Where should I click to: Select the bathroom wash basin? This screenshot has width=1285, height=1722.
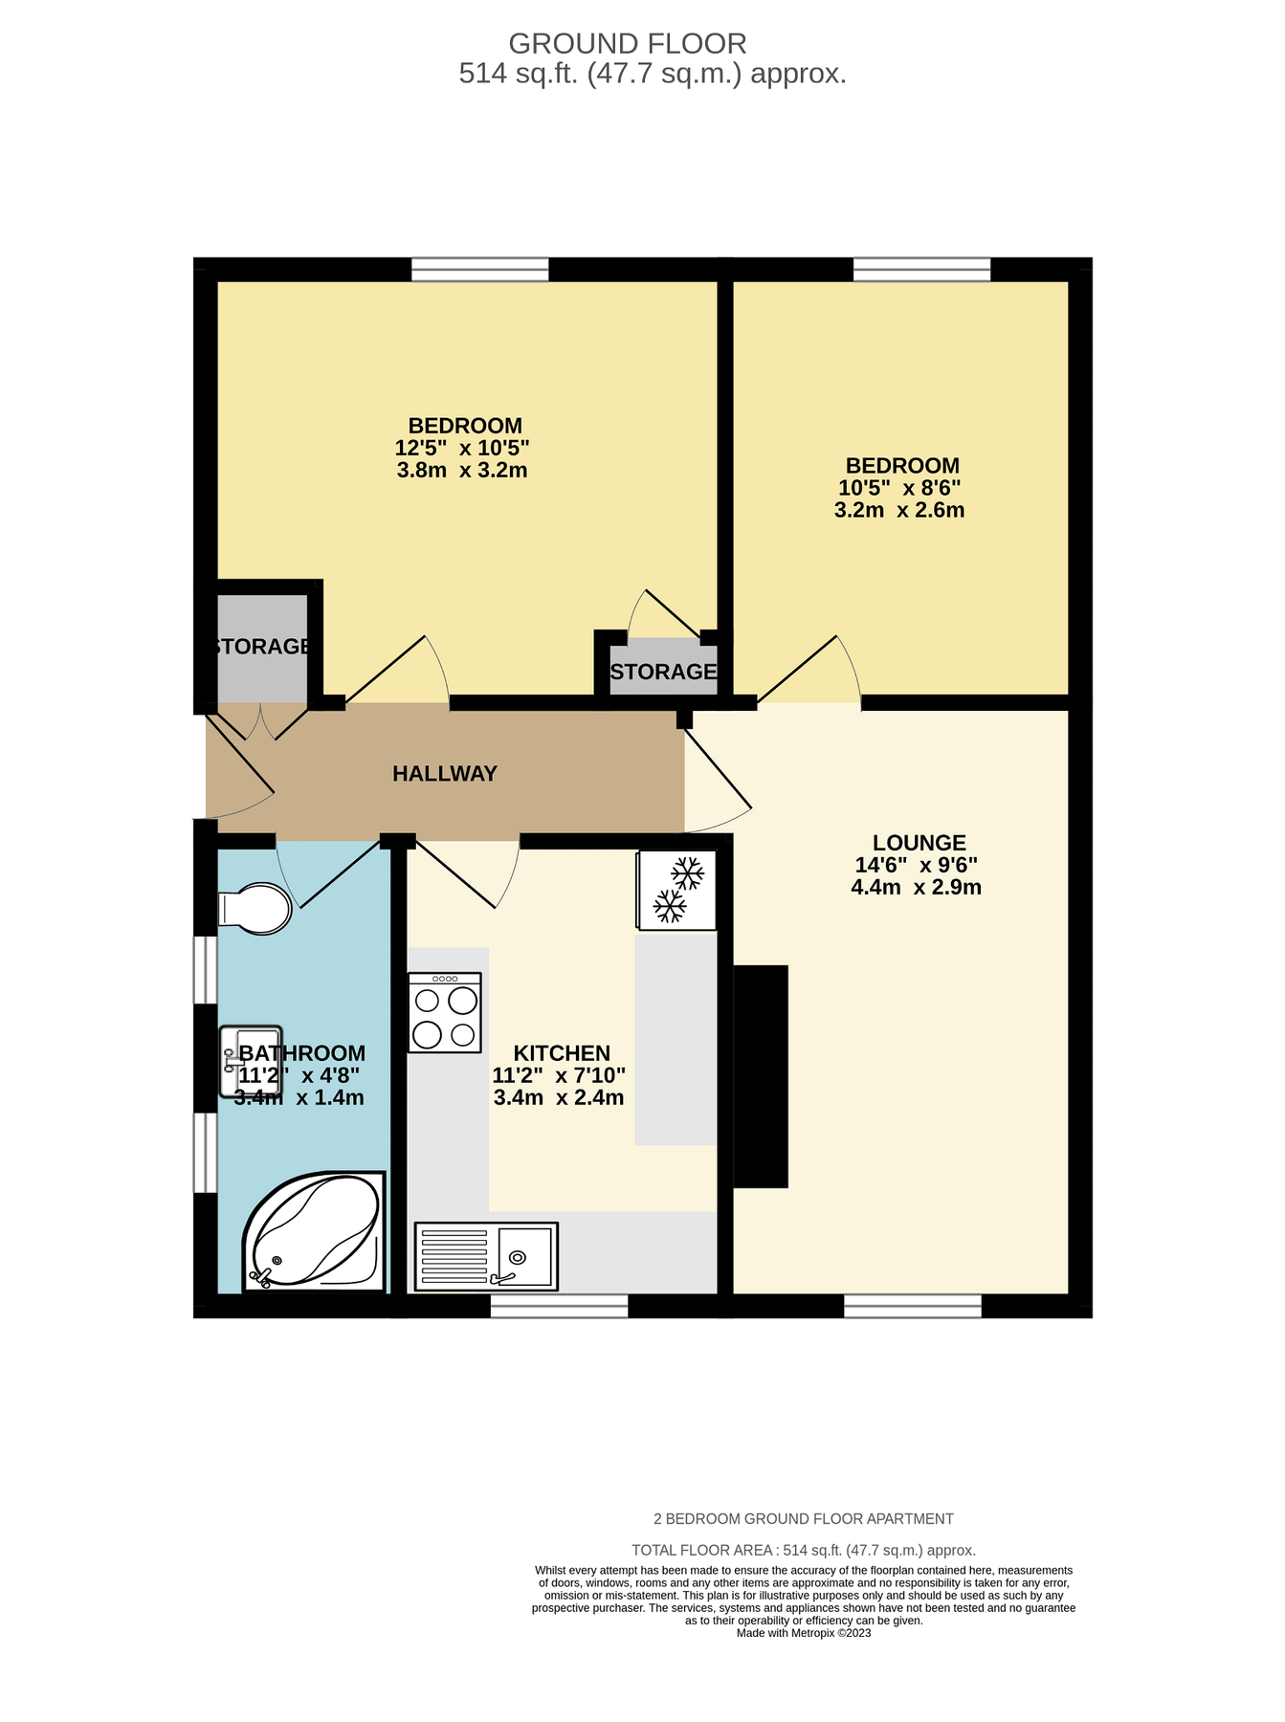[250, 1061]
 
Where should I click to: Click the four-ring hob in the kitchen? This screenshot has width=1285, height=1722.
[444, 1012]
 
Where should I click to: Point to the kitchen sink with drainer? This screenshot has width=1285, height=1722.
[486, 1255]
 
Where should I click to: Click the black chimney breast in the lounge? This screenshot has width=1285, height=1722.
[761, 1076]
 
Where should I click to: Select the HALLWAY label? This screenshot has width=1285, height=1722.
[445, 773]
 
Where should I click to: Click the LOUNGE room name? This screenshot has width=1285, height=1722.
[919, 843]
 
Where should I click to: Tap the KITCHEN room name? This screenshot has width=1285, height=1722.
[562, 1053]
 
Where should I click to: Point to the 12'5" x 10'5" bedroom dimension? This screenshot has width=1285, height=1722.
[462, 448]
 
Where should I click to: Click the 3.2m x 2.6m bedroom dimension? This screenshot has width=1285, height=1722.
[899, 510]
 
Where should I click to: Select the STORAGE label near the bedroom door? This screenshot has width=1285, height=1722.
[663, 672]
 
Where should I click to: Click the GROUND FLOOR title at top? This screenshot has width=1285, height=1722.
[627, 44]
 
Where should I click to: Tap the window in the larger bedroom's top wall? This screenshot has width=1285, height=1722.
[480, 270]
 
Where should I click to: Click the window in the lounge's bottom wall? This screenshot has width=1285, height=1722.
[913, 1306]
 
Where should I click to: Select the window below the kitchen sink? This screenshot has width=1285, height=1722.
[560, 1306]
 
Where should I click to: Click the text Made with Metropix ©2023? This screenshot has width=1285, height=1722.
[804, 1633]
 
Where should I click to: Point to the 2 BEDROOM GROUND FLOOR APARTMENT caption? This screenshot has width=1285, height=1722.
[804, 1519]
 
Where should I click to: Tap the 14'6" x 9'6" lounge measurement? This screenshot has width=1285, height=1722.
[916, 865]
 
